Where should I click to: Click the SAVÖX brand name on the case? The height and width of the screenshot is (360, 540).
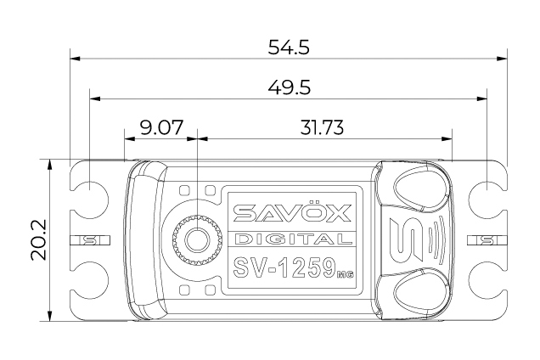(x=289, y=212)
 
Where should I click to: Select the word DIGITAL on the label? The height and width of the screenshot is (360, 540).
(x=289, y=239)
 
